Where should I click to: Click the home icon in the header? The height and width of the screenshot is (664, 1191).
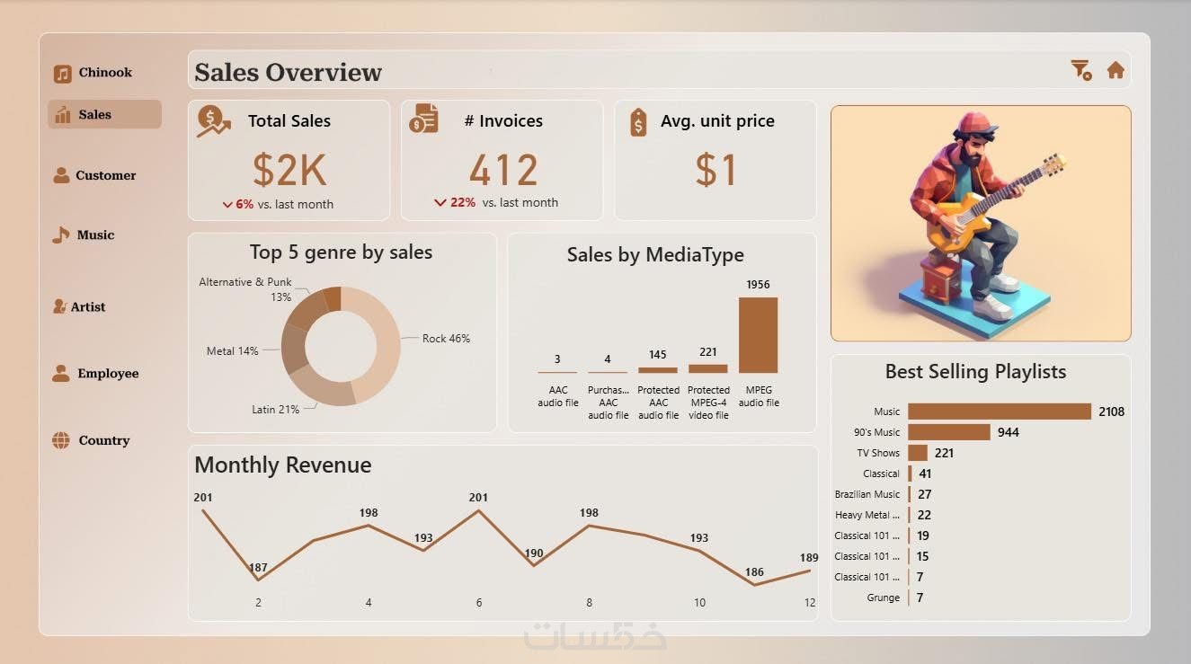[x=1115, y=70]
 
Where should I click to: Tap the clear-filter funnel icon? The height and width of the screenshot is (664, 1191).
[x=1080, y=70]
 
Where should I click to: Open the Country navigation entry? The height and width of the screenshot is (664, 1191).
[x=93, y=440]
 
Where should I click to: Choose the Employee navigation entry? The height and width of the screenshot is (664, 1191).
[x=96, y=373]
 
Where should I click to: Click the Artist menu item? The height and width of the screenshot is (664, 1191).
[x=80, y=306]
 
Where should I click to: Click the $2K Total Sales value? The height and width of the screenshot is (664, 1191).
[x=289, y=170]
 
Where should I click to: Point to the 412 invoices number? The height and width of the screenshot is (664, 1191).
[x=502, y=170]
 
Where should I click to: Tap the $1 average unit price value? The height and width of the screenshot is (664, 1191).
[x=715, y=170]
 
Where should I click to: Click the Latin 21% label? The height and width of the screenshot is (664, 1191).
[x=275, y=410]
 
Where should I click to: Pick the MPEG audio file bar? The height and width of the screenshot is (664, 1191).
[x=758, y=334]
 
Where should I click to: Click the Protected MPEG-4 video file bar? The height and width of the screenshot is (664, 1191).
[x=707, y=368]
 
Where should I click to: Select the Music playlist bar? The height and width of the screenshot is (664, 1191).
[x=999, y=412]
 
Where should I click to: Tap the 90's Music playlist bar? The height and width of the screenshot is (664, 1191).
[x=948, y=432]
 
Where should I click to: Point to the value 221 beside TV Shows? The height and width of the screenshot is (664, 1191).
[x=944, y=453]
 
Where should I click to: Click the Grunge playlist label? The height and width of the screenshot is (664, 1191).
[x=883, y=598]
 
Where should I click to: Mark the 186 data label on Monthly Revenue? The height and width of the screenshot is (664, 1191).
[x=754, y=571]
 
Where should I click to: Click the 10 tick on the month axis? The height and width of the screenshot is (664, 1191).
[x=699, y=603]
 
